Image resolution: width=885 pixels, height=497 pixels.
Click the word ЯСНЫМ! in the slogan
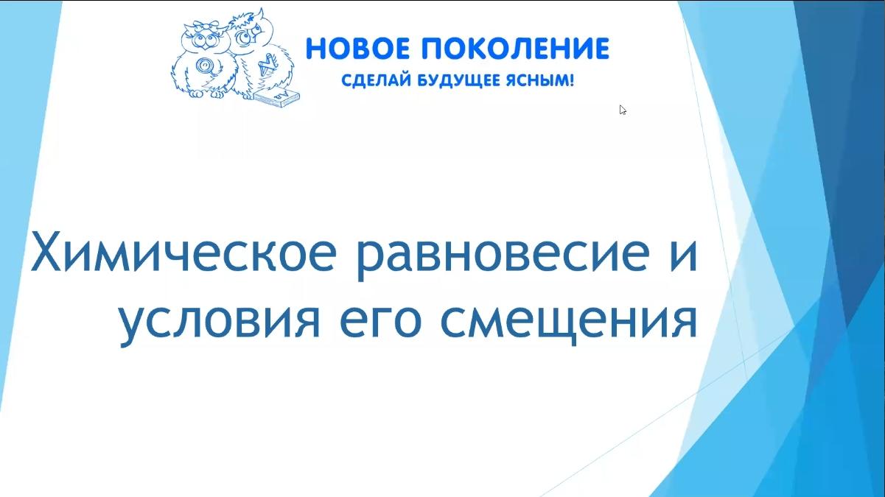click(x=539, y=80)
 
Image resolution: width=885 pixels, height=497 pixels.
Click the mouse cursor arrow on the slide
click(x=623, y=110)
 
